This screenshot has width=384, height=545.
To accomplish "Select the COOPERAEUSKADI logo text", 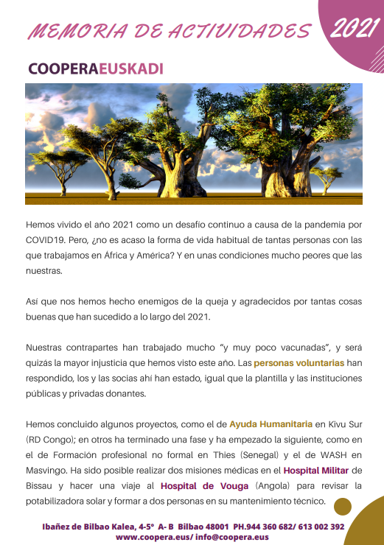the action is pos(95,68).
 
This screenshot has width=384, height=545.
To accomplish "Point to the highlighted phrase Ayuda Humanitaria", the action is pos(270,424).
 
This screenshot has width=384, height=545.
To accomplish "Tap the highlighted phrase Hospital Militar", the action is pos(317,470).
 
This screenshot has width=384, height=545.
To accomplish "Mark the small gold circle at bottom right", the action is pos(342,506).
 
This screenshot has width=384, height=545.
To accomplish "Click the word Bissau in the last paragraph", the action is pos(42,486).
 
